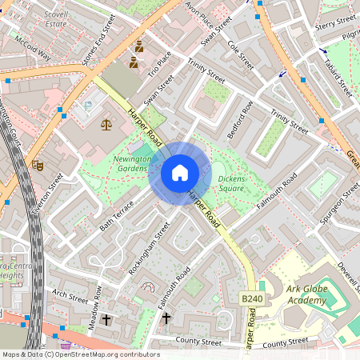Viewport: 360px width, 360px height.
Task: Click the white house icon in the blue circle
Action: (x=179, y=173)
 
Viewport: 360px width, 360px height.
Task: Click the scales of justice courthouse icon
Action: (x=106, y=125)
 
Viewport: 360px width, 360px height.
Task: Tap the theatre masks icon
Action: (x=37, y=165)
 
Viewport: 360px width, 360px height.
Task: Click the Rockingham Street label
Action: (x=150, y=249)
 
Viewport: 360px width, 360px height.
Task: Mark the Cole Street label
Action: (x=241, y=56)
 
